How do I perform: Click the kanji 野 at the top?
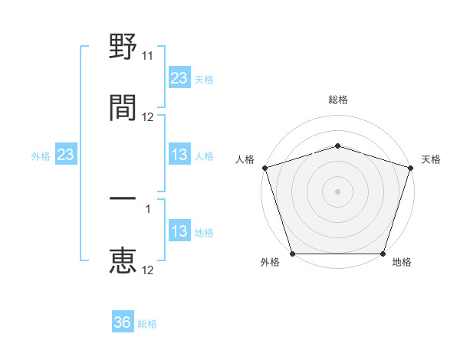pos(123,48)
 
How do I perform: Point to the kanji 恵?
pos(123,260)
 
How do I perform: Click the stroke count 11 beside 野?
pos(148,56)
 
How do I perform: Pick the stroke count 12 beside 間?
pos(148,117)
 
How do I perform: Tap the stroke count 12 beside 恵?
pos(148,270)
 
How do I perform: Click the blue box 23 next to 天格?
pos(179,78)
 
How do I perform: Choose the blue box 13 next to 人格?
pos(179,155)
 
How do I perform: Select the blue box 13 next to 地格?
pos(179,232)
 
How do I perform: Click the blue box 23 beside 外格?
pos(66,155)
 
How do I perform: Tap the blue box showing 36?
pos(123,323)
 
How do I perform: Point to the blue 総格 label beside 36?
pos(147,324)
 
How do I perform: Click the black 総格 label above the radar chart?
pos(337,100)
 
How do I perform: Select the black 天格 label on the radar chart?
pos(431,159)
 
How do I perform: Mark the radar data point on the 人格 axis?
pos(264,168)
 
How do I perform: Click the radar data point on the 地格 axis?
pos(383,254)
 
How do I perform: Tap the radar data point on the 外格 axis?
pos(292,254)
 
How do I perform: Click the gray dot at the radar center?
pos(337,191)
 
